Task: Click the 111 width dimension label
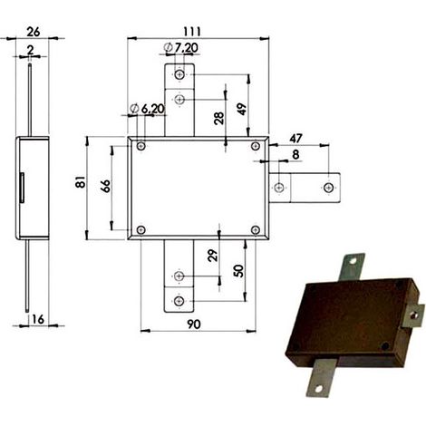[192, 32]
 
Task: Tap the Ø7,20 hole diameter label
[180, 48]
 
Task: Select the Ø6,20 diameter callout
[147, 109]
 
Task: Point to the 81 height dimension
[81, 182]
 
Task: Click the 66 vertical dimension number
[106, 186]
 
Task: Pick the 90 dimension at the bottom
[194, 324]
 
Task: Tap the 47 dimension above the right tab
[295, 139]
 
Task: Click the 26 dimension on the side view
[33, 32]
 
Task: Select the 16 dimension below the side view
[38, 319]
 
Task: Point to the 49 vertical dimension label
[242, 109]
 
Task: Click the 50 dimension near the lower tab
[238, 271]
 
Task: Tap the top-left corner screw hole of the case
[141, 146]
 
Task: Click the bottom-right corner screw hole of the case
[256, 230]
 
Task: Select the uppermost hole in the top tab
[179, 74]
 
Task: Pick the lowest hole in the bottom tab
[179, 301]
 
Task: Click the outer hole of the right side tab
[329, 188]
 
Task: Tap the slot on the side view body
[22, 188]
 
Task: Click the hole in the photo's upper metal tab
[353, 261]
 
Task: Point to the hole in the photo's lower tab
[318, 389]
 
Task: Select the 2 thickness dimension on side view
[30, 50]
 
